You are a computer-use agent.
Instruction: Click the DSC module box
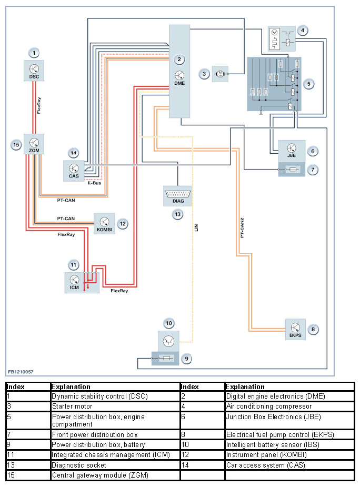pyautogui.click(x=34, y=71)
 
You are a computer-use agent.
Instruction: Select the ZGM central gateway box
pyautogui.click(x=34, y=144)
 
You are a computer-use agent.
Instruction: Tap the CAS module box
pyautogui.click(x=74, y=171)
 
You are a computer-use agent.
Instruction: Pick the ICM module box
pyautogui.click(x=75, y=283)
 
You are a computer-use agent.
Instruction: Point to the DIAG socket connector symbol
pyautogui.click(x=177, y=195)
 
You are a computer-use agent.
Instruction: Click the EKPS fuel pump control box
pyautogui.click(x=295, y=329)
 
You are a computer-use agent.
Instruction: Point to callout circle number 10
pyautogui.click(x=168, y=323)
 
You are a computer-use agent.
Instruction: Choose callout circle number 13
pyautogui.click(x=177, y=214)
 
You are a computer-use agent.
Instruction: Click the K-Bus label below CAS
pyautogui.click(x=94, y=183)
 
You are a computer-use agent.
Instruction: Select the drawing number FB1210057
pyautogui.click(x=21, y=372)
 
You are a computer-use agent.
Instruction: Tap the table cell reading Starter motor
pyautogui.click(x=72, y=406)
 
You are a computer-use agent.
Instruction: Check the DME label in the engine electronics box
pyautogui.click(x=179, y=82)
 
